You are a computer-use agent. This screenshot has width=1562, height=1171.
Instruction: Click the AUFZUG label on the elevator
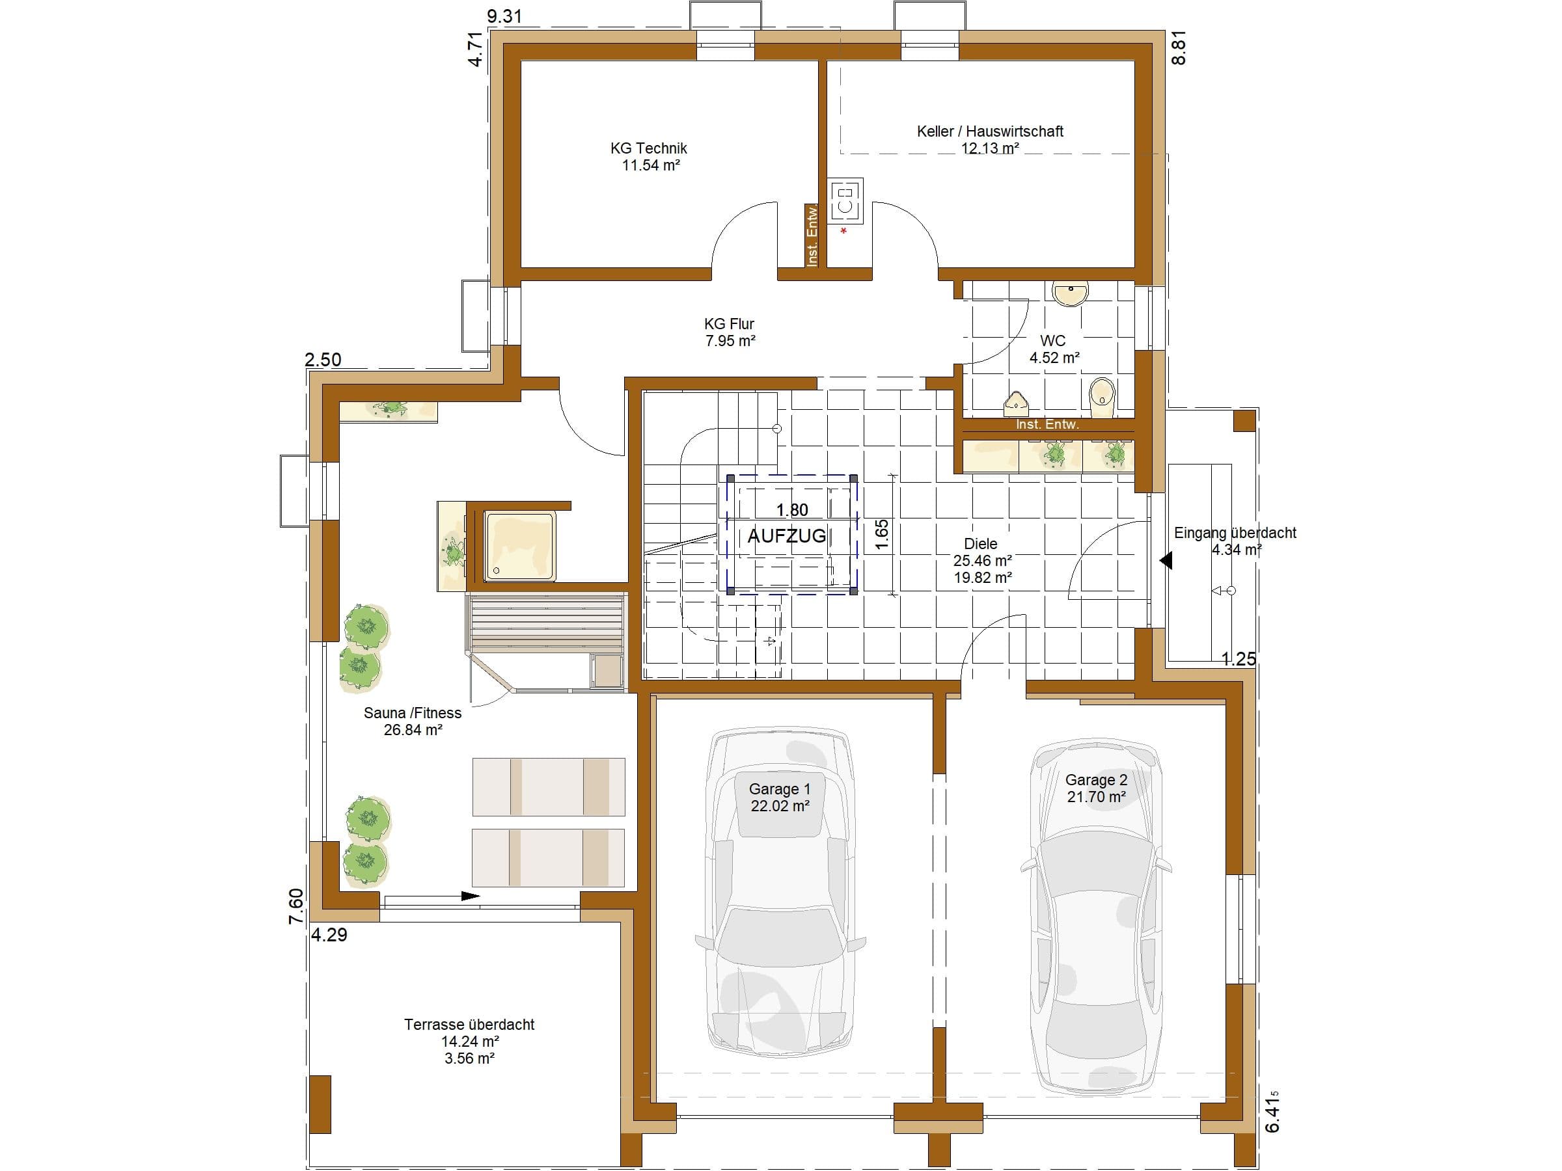pos(787,536)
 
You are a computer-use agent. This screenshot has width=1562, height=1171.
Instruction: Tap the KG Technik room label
pos(649,148)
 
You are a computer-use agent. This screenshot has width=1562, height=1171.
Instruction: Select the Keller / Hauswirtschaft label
pos(990,131)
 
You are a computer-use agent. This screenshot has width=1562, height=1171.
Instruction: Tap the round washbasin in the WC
pos(1071,293)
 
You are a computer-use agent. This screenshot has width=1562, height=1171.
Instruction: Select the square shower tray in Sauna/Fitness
pos(520,546)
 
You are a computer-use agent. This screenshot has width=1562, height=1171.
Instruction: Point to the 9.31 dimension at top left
pos(504,16)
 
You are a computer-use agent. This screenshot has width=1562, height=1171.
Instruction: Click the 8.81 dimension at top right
pos(1179,49)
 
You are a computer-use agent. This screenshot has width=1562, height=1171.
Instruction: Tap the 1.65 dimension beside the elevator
pos(881,535)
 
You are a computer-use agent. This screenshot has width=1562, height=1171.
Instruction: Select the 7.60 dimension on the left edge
pos(297,906)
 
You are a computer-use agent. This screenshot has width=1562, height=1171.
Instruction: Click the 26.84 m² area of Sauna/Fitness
pos(413,730)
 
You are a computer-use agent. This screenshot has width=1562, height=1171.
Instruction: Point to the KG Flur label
pos(729,324)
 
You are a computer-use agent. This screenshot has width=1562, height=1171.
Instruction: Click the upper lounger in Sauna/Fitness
pos(549,787)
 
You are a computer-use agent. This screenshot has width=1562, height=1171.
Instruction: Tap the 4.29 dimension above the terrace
pos(329,935)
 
